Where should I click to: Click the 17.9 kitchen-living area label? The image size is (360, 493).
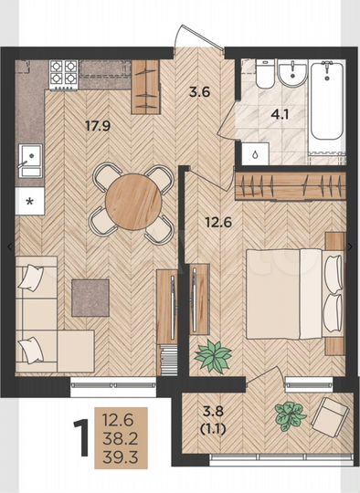(98, 126)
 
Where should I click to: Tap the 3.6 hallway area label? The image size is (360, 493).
(199, 93)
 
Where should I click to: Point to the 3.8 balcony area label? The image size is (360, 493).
(213, 411)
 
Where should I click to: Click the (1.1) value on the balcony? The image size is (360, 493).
(213, 428)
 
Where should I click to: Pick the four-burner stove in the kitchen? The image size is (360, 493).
(64, 74)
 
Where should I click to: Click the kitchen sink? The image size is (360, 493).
(30, 161)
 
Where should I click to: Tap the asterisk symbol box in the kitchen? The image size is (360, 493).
(29, 201)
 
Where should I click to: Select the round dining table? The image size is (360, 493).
(133, 202)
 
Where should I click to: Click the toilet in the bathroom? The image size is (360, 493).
(265, 74)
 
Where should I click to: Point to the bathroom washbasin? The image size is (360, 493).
(292, 74)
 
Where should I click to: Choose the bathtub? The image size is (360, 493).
(327, 100)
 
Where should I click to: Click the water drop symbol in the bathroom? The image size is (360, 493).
(255, 154)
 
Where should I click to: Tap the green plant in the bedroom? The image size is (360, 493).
(213, 356)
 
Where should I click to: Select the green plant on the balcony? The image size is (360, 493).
(290, 416)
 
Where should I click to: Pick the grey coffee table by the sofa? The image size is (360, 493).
(90, 298)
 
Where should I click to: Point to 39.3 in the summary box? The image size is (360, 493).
(121, 457)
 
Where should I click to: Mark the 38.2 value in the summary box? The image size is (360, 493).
(121, 438)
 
